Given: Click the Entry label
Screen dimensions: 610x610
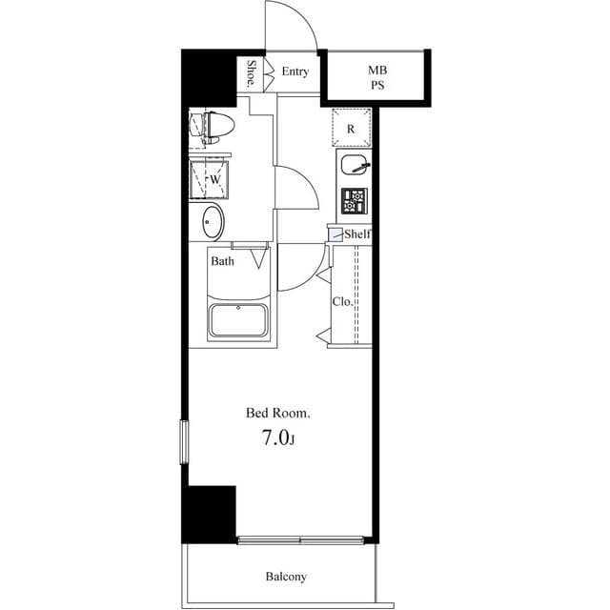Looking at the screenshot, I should point(295,71).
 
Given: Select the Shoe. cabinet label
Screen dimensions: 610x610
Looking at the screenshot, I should point(251,73).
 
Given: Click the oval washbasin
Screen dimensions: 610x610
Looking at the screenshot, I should point(213,223).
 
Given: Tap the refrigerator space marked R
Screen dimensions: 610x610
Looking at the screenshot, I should point(351,129).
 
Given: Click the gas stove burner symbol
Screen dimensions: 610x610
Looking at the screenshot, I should point(354,201).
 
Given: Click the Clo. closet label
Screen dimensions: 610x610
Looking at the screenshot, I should point(341,301).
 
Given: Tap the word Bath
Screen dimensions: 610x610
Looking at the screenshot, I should point(223,261).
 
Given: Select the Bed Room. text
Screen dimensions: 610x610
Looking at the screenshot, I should point(278,413).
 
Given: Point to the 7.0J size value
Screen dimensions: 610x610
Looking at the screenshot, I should point(278,438).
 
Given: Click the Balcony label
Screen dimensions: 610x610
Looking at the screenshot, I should point(285,577).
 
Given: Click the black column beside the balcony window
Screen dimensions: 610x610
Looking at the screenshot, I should point(211,515).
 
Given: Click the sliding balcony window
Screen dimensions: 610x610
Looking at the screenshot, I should point(301,540).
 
